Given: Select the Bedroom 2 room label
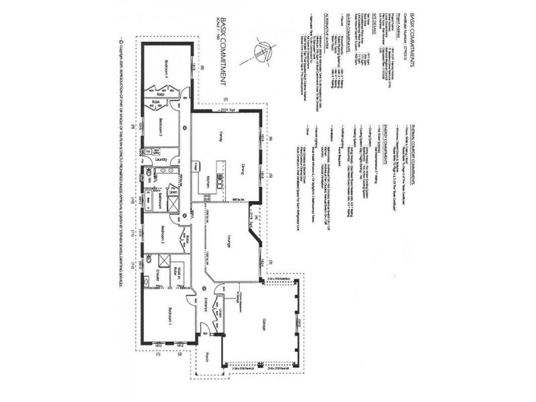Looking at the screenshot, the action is point(162,237).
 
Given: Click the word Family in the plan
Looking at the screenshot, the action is point(218,137).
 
